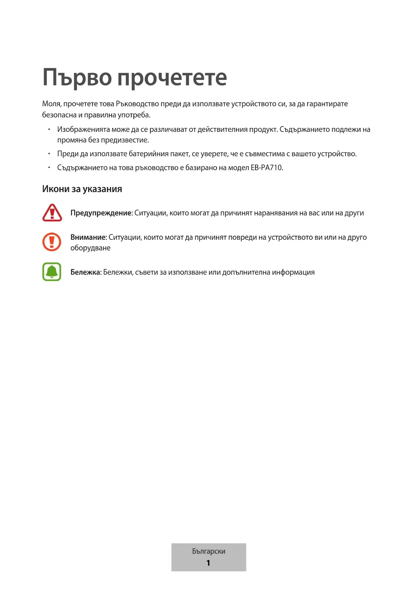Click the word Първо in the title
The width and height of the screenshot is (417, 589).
click(77, 78)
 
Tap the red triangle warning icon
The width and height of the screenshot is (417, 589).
click(52, 213)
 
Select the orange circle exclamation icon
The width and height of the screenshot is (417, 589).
click(52, 242)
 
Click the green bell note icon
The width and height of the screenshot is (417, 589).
click(52, 272)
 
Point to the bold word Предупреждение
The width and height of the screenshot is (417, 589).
click(101, 213)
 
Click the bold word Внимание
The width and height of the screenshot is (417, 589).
click(88, 237)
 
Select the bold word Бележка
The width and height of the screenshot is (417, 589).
click(85, 272)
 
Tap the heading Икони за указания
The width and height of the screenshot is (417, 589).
click(82, 189)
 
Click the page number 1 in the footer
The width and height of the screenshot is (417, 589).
click(208, 563)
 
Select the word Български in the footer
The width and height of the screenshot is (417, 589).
click(209, 551)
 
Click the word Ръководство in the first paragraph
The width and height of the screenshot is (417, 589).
click(137, 104)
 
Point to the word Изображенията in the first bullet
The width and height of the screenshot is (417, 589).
click(83, 130)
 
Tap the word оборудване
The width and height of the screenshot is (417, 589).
click(90, 248)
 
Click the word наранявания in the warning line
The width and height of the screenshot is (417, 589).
click(275, 213)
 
